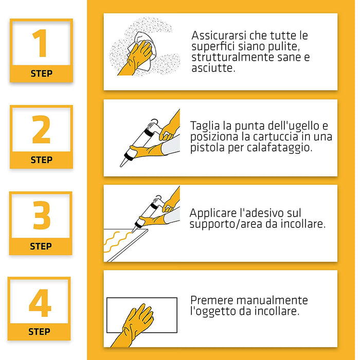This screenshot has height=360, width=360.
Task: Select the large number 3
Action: (x=41, y=216)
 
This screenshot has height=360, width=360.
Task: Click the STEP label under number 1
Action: (x=41, y=74)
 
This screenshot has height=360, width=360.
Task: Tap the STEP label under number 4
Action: (x=39, y=332)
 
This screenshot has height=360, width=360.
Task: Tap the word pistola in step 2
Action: (x=206, y=148)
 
